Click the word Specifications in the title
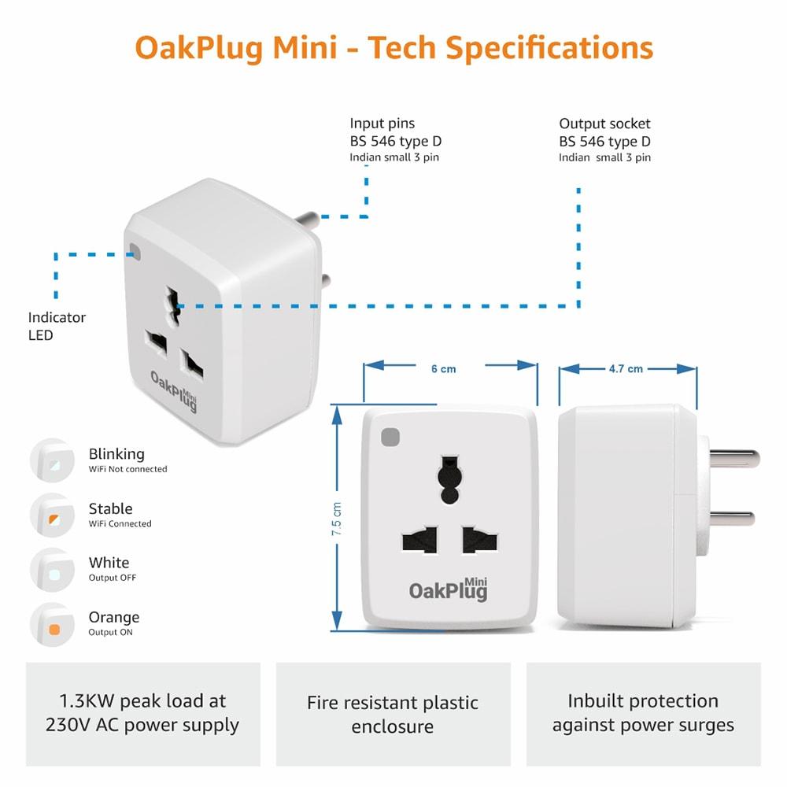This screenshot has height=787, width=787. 549,49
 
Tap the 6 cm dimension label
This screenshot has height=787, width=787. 444,369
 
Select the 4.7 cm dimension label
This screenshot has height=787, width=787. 626,369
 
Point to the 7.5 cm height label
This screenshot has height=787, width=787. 336,519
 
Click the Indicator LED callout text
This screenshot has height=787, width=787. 57,327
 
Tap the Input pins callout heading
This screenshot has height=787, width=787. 382,124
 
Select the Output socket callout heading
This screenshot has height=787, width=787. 604,124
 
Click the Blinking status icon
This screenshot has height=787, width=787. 52,460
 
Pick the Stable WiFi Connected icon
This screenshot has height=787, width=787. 52,515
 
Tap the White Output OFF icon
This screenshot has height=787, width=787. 52,570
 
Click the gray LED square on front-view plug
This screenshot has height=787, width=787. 390,437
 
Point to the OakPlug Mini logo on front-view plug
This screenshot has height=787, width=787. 449,589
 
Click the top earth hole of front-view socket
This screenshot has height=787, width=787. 449,479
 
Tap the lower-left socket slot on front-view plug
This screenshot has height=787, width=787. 420,540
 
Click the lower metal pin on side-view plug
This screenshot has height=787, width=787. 732,518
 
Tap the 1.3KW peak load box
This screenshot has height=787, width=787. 143,714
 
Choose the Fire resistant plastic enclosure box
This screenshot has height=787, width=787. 393,714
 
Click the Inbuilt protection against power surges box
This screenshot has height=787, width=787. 644,714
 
